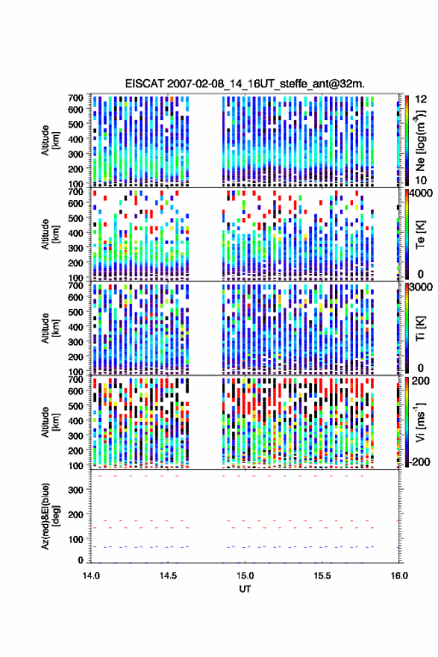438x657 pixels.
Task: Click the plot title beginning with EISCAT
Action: (x=245, y=84)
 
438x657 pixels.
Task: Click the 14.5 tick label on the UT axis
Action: (x=168, y=576)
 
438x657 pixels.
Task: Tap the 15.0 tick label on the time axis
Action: (x=245, y=576)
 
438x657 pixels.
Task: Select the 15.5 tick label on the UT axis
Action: (x=322, y=576)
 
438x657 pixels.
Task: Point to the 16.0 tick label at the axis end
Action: (x=399, y=576)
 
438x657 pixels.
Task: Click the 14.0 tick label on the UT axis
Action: (x=91, y=576)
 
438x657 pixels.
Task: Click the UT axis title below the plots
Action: (x=245, y=589)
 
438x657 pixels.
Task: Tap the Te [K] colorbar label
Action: (x=420, y=234)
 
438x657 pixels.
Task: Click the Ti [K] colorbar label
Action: (x=420, y=328)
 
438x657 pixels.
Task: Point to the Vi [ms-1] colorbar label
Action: (x=420, y=422)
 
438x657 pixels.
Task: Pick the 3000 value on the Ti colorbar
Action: (x=421, y=287)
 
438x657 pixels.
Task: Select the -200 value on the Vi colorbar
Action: (x=419, y=461)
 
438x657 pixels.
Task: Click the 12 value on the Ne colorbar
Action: (x=421, y=99)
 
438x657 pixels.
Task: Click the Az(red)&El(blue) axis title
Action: (x=50, y=516)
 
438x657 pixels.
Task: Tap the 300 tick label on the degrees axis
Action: (x=75, y=490)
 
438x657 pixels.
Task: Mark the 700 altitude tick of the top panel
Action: (x=75, y=98)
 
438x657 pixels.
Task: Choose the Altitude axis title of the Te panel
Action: (x=50, y=234)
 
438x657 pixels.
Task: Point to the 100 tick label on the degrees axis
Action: (x=75, y=539)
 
